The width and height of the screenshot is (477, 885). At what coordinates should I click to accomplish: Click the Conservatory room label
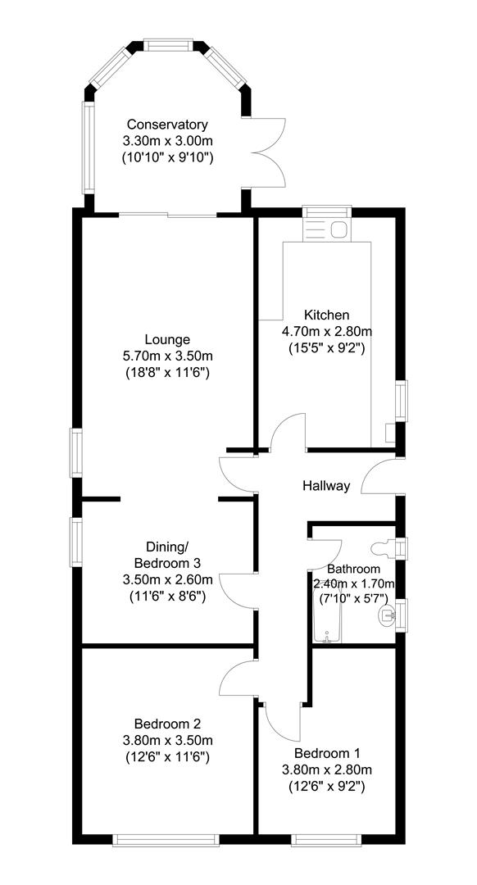166,125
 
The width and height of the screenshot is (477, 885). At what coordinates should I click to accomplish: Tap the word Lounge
167,339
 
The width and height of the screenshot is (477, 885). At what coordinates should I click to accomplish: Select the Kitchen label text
327,315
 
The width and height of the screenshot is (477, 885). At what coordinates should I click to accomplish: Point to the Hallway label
326,486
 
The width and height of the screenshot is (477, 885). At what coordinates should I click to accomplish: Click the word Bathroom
353,569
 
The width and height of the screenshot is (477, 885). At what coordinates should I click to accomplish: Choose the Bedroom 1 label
327,752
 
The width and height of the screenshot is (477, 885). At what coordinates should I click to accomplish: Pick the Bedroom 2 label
167,724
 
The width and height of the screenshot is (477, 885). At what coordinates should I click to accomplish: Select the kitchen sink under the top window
327,230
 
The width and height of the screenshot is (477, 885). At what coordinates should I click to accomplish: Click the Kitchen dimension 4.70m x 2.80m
327,331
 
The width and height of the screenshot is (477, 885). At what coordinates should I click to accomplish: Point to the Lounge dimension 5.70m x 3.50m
167,356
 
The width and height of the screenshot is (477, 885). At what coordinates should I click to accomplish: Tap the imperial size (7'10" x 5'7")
354,599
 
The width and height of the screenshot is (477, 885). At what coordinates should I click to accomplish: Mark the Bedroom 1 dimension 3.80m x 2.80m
327,769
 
